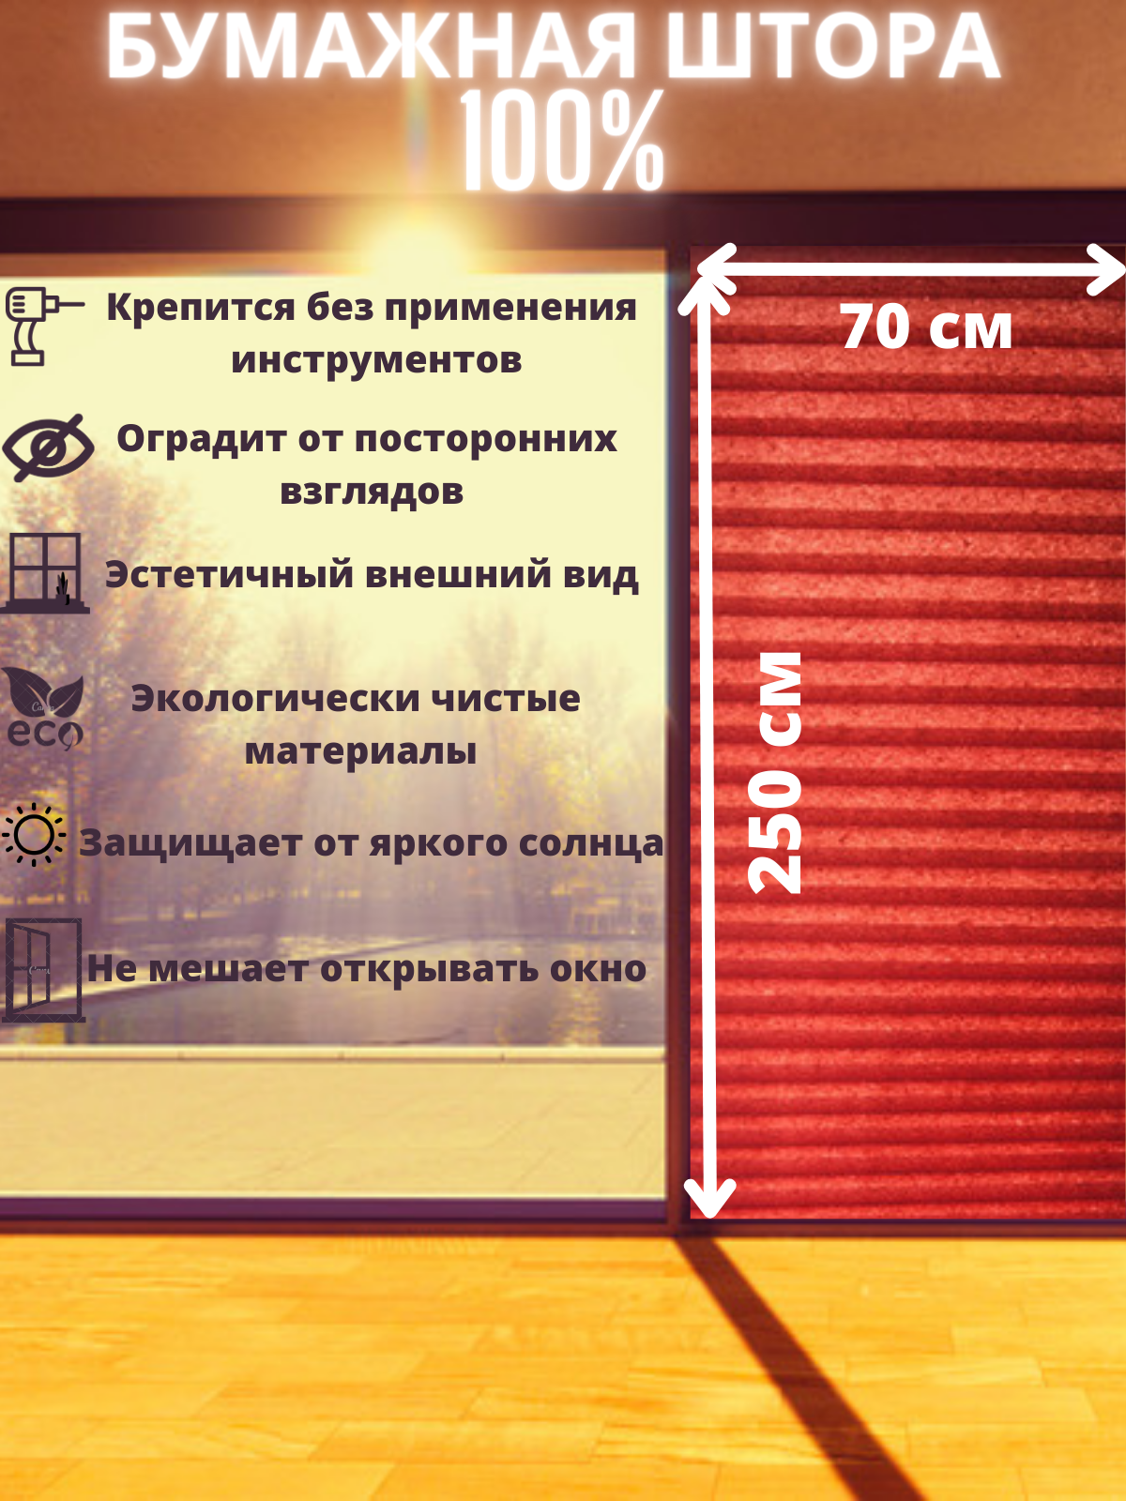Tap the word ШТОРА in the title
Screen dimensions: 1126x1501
tap(832, 49)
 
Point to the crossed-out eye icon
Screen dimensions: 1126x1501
tap(48, 447)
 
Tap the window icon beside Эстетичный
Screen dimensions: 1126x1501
tap(45, 572)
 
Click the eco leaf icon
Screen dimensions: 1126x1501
tap(43, 709)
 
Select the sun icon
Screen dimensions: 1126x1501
tap(35, 834)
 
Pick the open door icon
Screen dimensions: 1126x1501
tap(43, 969)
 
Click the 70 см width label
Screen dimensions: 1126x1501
tap(926, 328)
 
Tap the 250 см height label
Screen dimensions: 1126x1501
tap(776, 772)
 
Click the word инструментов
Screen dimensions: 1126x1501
tap(376, 360)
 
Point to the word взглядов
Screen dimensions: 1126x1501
tap(372, 492)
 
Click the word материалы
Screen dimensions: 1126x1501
tap(360, 751)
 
